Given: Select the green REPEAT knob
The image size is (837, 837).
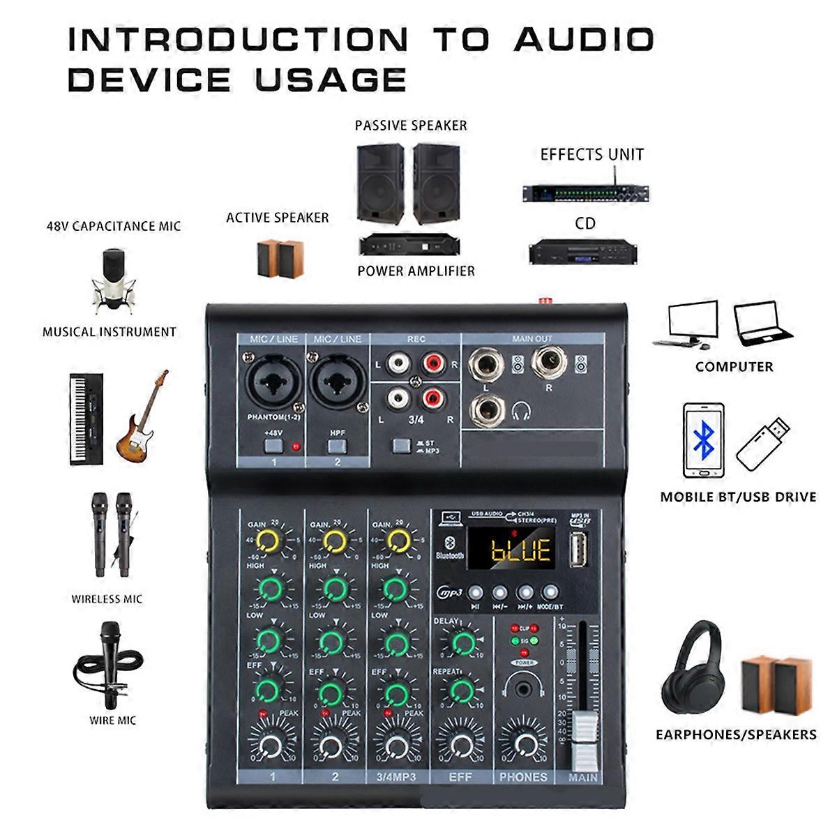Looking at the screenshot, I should (460, 691).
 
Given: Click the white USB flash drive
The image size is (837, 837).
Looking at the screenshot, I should (763, 444).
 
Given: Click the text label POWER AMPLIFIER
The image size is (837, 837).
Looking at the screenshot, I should (416, 271).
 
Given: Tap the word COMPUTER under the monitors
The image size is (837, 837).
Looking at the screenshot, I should (734, 366).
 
